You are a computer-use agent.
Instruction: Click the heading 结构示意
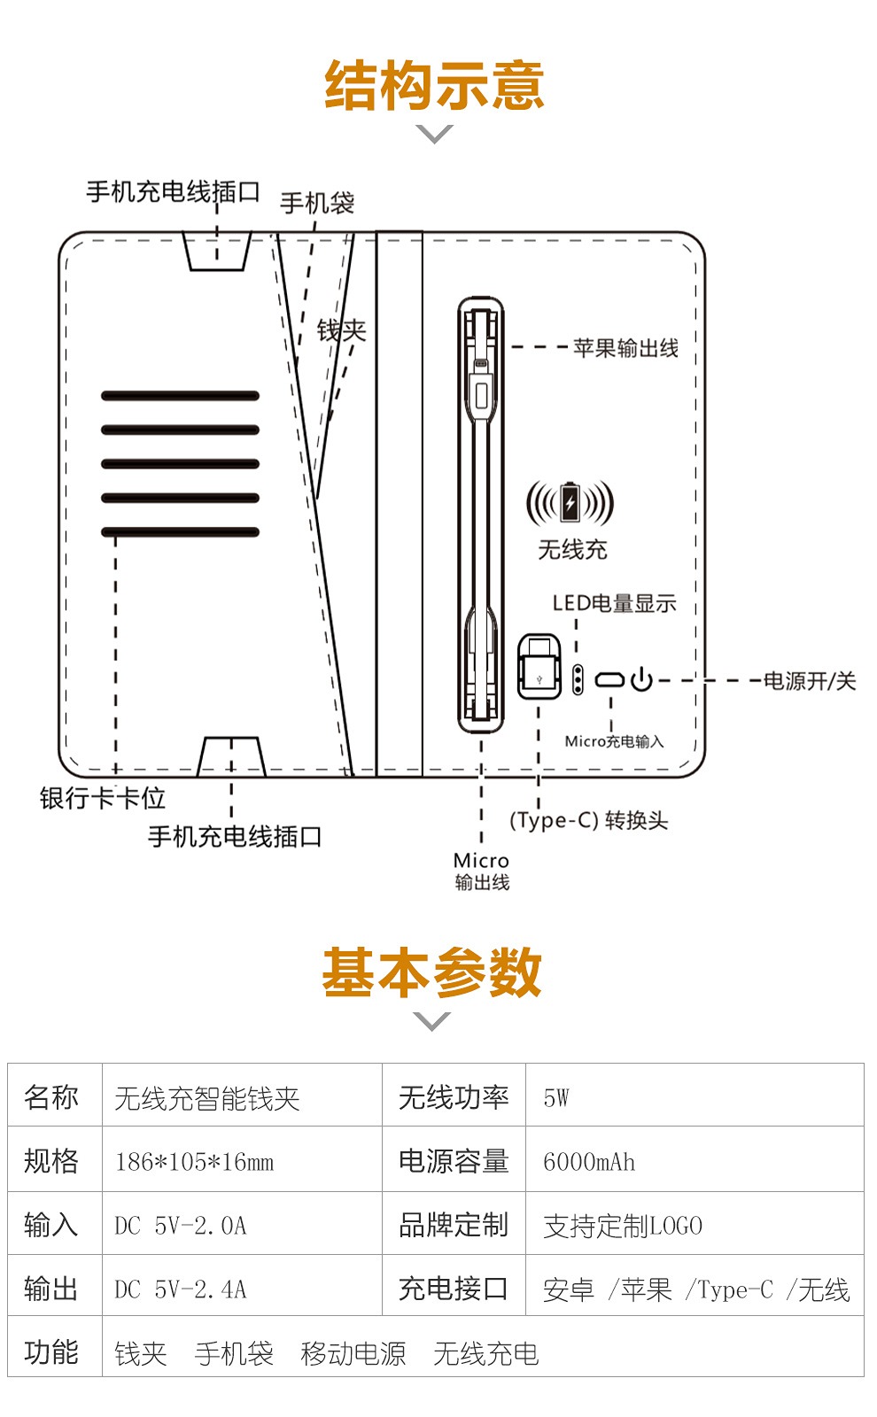click(x=434, y=85)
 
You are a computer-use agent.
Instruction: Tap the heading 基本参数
click(x=432, y=972)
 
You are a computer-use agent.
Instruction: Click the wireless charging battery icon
click(x=570, y=503)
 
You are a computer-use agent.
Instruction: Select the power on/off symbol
click(x=641, y=679)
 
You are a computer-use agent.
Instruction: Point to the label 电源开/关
click(x=810, y=681)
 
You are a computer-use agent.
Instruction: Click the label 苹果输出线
click(x=625, y=348)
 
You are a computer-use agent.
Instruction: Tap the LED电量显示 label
click(x=615, y=603)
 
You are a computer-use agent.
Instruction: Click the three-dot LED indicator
click(x=577, y=679)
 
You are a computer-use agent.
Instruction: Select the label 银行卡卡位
click(x=103, y=798)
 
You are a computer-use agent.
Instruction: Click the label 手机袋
click(x=317, y=203)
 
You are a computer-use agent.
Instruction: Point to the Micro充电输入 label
click(x=614, y=741)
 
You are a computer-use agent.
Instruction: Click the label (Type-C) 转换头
click(x=588, y=820)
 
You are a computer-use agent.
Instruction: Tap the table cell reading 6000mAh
click(x=589, y=1162)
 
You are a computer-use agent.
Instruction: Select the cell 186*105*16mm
click(x=195, y=1162)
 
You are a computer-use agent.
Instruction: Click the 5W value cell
click(x=556, y=1098)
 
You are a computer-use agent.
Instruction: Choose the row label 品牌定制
click(x=454, y=1226)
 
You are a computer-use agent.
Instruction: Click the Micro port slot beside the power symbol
click(x=609, y=680)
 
